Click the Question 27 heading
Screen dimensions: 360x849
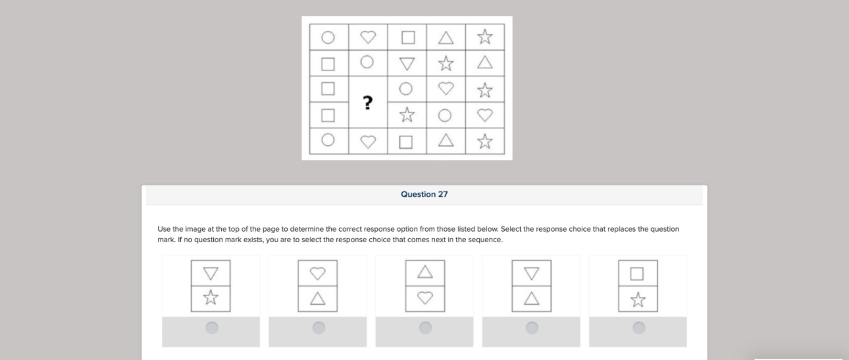tap(424, 194)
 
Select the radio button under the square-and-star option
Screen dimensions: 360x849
tap(638, 327)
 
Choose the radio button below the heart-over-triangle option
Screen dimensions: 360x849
tap(319, 327)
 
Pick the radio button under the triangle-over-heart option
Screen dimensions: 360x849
tap(425, 327)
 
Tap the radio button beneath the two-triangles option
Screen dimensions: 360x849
tap(532, 327)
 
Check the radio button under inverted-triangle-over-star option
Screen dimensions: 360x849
tap(212, 327)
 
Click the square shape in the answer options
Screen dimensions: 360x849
tap(637, 273)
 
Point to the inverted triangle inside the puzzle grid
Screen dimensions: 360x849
tap(407, 64)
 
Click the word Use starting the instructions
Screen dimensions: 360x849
tap(164, 229)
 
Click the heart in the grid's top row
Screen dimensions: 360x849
tap(368, 37)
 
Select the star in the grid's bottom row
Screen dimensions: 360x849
tap(485, 141)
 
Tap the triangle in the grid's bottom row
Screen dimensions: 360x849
tap(446, 140)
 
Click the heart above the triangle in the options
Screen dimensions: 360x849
tap(317, 272)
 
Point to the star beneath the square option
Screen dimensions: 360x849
tap(637, 299)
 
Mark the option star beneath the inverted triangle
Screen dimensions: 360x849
tap(211, 299)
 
